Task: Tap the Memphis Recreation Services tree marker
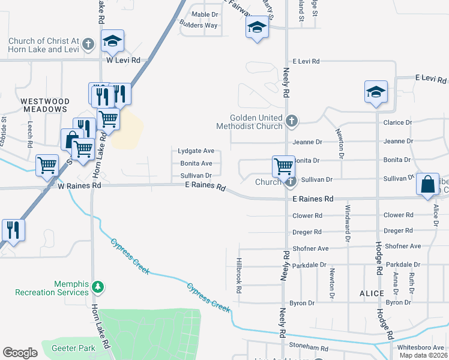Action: pyautogui.click(x=98, y=288)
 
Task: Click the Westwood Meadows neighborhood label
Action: pyautogui.click(x=44, y=105)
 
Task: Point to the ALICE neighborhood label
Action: pyautogui.click(x=372, y=293)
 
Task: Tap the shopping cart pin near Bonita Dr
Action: pyautogui.click(x=283, y=166)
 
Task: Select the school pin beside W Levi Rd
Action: pyautogui.click(x=112, y=41)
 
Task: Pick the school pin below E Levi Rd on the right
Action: pyautogui.click(x=376, y=92)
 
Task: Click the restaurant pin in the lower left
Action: pyautogui.click(x=11, y=230)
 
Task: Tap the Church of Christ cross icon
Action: pyautogui.click(x=88, y=44)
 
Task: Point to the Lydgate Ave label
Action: pyautogui.click(x=196, y=151)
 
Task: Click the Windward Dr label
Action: pyautogui.click(x=347, y=223)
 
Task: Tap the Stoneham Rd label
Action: pyautogui.click(x=308, y=348)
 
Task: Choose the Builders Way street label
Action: pyautogui.click(x=198, y=25)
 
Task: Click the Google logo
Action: pyautogui.click(x=20, y=353)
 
